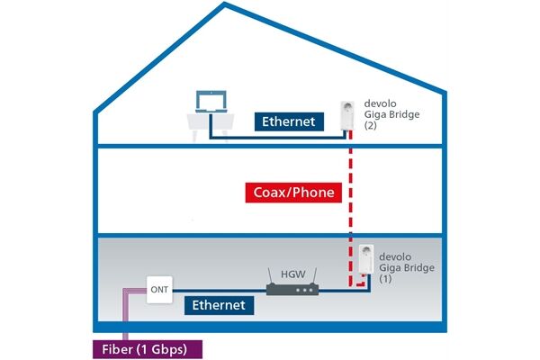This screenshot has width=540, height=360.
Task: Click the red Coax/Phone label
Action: click(292, 192)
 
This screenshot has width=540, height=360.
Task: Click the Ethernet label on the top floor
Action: click(288, 120)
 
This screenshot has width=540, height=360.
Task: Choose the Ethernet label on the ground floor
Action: click(219, 305)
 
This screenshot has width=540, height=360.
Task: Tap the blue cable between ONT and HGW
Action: click(216, 290)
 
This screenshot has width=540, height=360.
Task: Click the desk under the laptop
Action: click(209, 121)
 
